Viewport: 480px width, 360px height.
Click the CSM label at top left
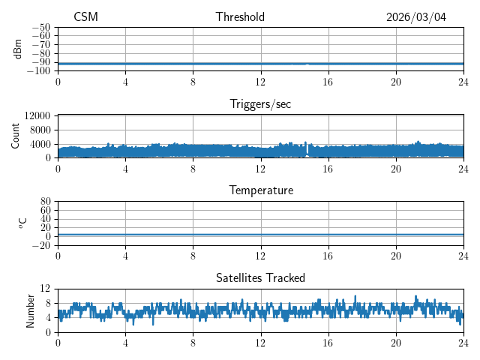coord(85,17)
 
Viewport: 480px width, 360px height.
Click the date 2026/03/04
coord(416,17)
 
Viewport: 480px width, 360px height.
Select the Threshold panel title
coord(240,17)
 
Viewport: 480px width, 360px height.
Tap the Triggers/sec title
coord(260,104)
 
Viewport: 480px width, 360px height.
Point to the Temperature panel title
coord(260,190)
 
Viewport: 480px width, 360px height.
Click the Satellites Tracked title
coord(260,277)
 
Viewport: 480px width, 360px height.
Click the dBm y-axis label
coord(18,49)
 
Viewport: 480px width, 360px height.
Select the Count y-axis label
coord(15,136)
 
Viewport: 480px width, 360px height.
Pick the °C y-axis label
coord(22,223)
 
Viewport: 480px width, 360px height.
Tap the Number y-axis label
coord(30,310)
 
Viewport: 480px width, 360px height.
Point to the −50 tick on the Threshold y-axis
coord(41,27)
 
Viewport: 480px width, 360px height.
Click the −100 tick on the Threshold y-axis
coord(39,70)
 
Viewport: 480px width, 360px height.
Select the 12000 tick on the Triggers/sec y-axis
coord(37,115)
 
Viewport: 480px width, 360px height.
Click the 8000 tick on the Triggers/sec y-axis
coord(40,130)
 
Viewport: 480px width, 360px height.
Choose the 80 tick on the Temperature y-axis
coord(46,202)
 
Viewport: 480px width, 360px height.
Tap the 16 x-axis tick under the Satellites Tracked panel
coord(328,343)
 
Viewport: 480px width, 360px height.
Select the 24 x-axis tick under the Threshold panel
coord(463,82)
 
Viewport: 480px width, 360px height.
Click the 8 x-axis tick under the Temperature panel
coord(193,256)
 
